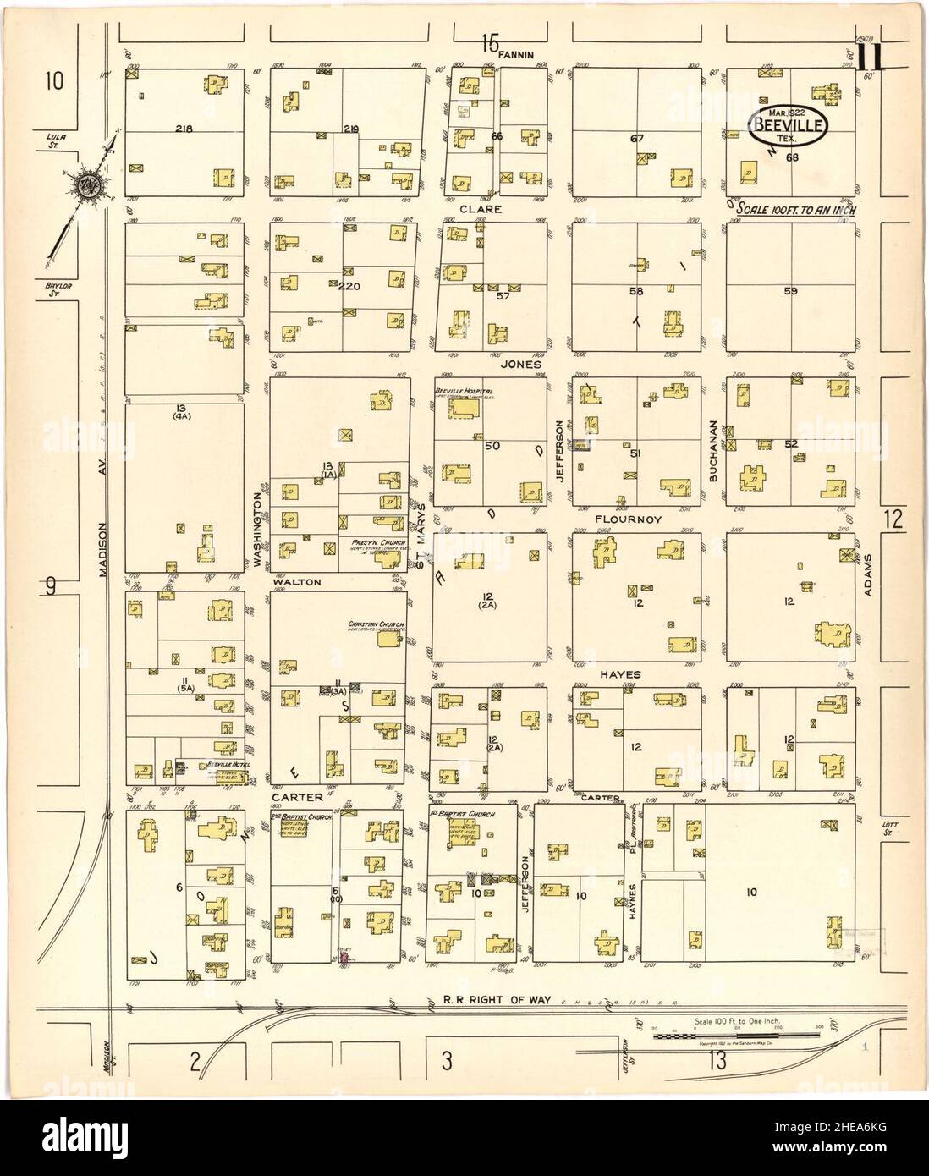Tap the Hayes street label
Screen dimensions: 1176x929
(622, 674)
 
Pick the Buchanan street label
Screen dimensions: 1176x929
(713, 452)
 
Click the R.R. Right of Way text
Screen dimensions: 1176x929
(497, 1000)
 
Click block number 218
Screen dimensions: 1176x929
(183, 129)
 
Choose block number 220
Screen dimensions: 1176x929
(349, 287)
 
